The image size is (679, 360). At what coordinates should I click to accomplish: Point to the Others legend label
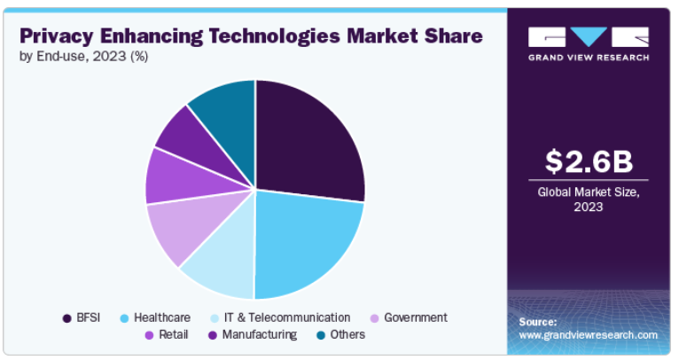[347, 334]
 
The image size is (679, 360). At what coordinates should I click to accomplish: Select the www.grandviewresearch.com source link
[588, 335]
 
